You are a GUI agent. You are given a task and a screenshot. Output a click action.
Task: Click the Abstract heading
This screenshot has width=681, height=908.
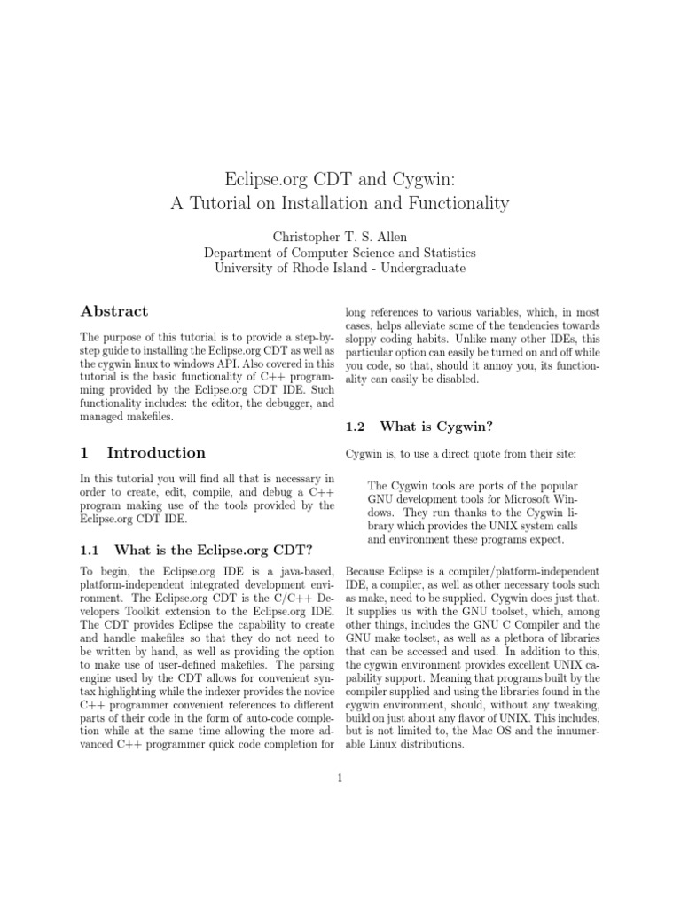point(114,311)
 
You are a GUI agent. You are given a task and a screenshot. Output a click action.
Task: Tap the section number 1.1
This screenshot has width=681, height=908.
point(92,547)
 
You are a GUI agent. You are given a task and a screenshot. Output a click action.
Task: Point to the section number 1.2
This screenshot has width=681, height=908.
point(357,427)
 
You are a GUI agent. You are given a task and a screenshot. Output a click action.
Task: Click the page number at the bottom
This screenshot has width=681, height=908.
point(340,779)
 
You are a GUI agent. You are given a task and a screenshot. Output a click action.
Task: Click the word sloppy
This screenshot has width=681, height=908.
point(364,340)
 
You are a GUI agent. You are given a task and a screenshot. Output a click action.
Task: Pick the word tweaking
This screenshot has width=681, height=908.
point(572,705)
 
